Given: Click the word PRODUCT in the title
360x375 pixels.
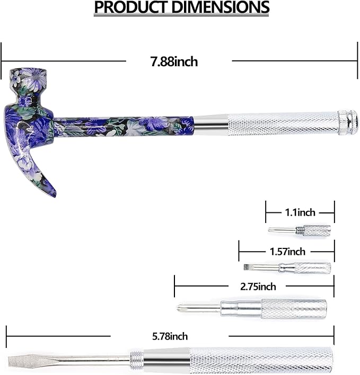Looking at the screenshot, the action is point(131,7).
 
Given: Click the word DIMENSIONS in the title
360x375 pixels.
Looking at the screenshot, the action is point(221,7).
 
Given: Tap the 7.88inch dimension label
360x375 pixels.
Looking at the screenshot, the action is point(174,61).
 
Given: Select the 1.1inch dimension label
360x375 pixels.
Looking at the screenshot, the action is point(300,212).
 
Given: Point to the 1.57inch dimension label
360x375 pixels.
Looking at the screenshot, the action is point(287,252).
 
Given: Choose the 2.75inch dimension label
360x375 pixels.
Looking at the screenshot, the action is point(258,287).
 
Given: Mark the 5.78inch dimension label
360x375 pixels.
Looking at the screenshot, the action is point(170,336).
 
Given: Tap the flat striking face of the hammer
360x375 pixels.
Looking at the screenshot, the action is point(28,69).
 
